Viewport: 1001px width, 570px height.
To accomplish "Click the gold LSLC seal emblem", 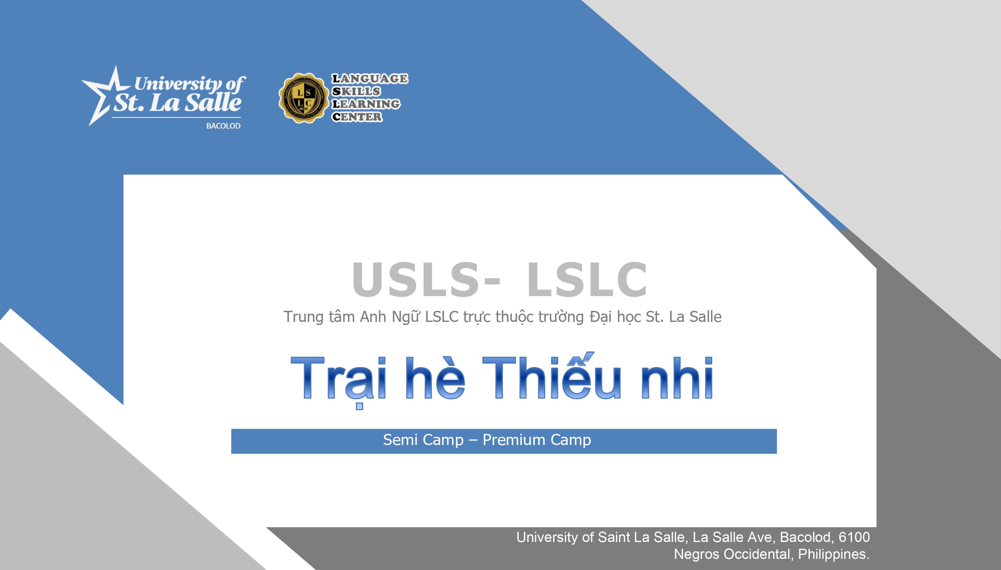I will pos(302,98).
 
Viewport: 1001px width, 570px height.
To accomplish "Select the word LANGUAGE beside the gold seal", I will pos(370,79).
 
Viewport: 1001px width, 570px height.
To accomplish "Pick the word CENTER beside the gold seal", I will pos(357,117).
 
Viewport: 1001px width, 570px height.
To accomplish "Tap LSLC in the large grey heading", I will pos(586,279).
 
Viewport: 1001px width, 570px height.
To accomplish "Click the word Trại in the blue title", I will pos(339,379).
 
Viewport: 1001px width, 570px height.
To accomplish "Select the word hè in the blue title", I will pos(435,379).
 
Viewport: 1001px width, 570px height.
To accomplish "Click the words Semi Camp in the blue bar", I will pos(423,440).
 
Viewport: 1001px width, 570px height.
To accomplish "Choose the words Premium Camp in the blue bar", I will pos(537,440).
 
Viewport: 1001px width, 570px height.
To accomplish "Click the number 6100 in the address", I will pos(854,537).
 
